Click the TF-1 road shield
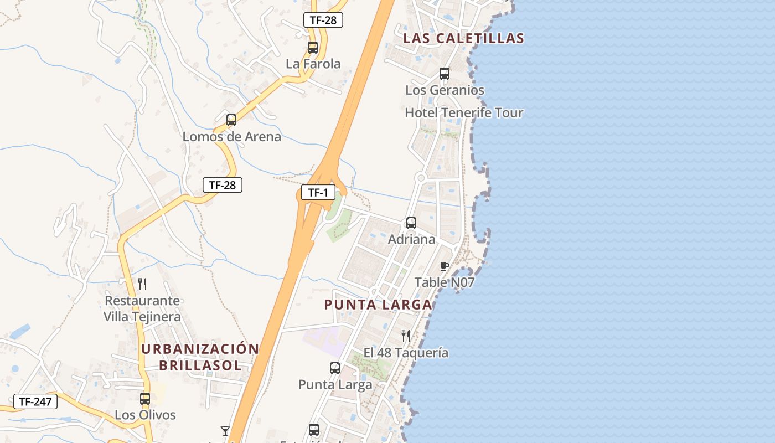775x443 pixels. pyautogui.click(x=318, y=193)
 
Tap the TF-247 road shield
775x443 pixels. pyautogui.click(x=35, y=401)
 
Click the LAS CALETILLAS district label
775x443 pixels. pyautogui.click(x=464, y=38)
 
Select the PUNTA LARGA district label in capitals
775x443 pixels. pyautogui.click(x=378, y=305)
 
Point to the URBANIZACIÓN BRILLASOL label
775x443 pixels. pyautogui.click(x=200, y=357)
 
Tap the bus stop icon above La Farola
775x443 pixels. pyautogui.click(x=313, y=48)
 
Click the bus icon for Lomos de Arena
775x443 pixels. pyautogui.click(x=231, y=120)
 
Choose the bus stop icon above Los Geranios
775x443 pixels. pyautogui.click(x=445, y=74)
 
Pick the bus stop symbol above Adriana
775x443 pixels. pyautogui.click(x=411, y=223)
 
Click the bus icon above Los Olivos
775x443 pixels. pyautogui.click(x=145, y=399)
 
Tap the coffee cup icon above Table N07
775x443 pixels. pyautogui.click(x=444, y=266)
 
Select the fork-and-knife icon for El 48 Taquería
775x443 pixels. pyautogui.click(x=406, y=336)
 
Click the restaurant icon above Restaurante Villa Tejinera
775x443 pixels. pyautogui.click(x=142, y=284)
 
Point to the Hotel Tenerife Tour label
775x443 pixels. pyautogui.click(x=464, y=113)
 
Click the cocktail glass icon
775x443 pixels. pyautogui.click(x=225, y=431)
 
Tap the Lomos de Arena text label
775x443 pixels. pyautogui.click(x=232, y=137)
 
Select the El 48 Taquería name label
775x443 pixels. pyautogui.click(x=406, y=353)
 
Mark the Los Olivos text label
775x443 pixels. pyautogui.click(x=145, y=415)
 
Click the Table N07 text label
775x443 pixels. pyautogui.click(x=445, y=282)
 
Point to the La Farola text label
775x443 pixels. pyautogui.click(x=313, y=64)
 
